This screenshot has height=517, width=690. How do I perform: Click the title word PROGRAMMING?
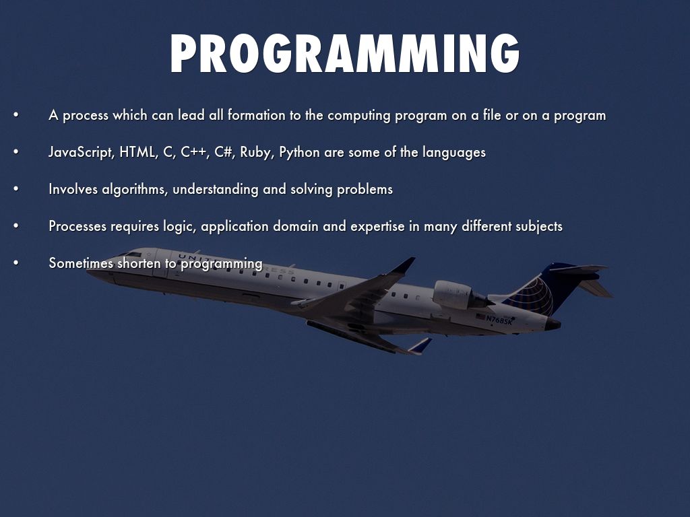click(x=344, y=55)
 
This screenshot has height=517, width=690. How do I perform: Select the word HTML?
click(x=137, y=152)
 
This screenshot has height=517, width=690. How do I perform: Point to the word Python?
click(x=299, y=153)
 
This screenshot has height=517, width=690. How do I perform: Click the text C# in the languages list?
click(x=224, y=152)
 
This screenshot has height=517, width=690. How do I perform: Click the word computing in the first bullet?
click(x=359, y=116)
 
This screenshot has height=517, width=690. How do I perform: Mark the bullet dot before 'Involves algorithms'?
click(x=15, y=189)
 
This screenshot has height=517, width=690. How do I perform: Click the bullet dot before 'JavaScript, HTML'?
click(x=15, y=152)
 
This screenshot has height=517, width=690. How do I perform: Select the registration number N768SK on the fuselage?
click(x=500, y=320)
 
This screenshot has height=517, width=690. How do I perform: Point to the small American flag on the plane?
click(x=480, y=316)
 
